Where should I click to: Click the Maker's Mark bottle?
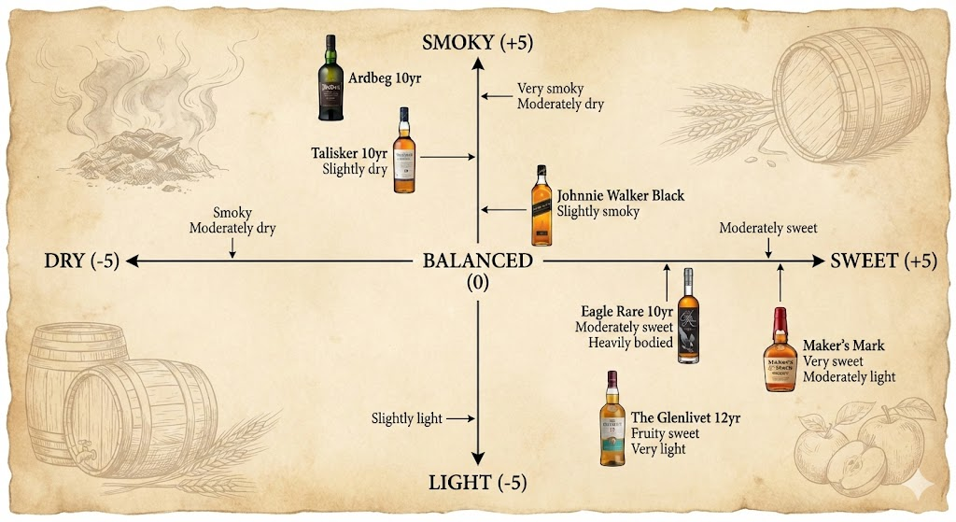click(780, 352)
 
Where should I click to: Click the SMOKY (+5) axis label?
click(477, 42)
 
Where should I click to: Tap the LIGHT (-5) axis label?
click(477, 483)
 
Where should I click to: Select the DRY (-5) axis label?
click(82, 261)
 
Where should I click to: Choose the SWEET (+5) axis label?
click(883, 261)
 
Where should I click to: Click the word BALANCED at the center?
click(477, 261)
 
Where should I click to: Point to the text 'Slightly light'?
click(406, 418)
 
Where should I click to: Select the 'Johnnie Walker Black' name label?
click(621, 196)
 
